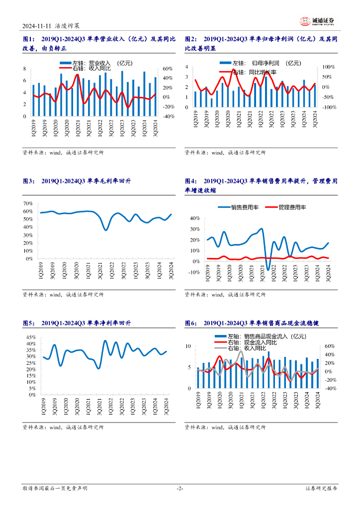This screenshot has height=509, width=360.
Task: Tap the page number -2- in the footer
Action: point(180,489)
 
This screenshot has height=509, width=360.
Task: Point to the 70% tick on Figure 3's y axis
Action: point(28,204)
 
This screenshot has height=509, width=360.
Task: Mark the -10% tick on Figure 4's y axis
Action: point(194,272)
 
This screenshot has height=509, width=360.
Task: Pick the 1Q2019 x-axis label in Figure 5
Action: point(45,407)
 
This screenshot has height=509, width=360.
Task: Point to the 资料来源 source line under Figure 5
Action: point(63,426)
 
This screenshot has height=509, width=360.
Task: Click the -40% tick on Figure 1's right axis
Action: point(167,116)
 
